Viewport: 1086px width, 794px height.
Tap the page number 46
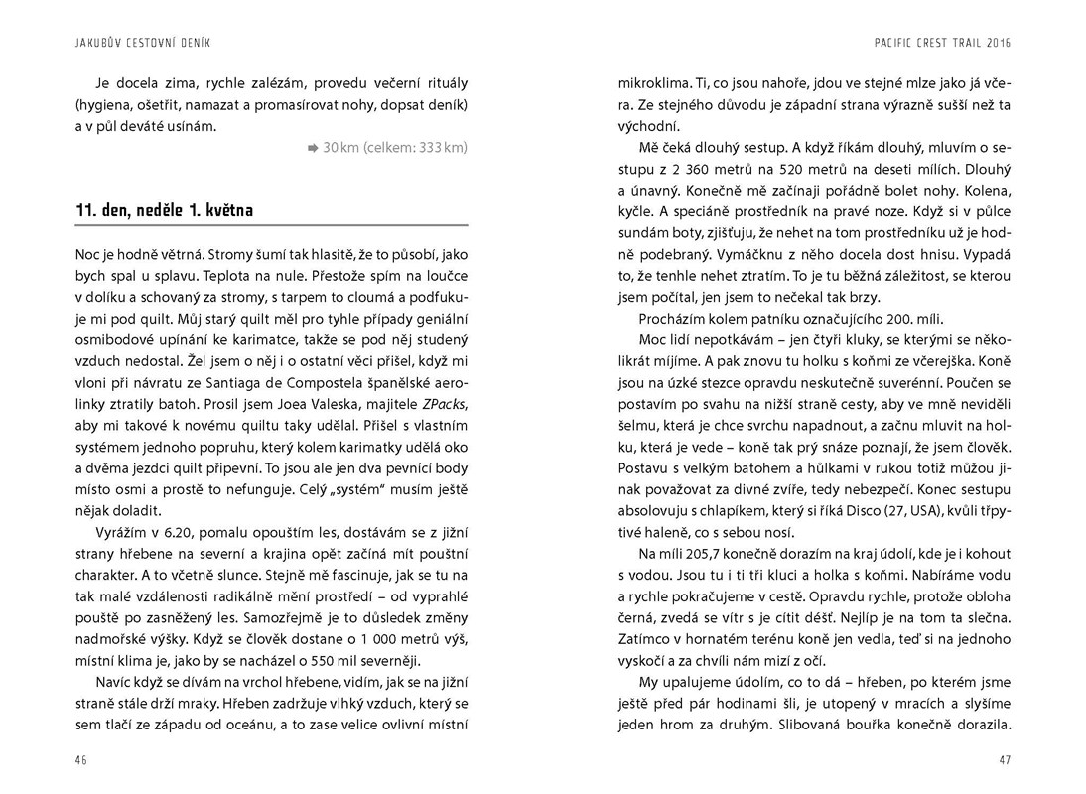pyautogui.click(x=81, y=760)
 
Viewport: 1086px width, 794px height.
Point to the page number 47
pyautogui.click(x=1004, y=760)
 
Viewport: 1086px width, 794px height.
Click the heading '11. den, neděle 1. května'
pyautogui.click(x=164, y=211)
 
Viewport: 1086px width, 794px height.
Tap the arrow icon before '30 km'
pyautogui.click(x=312, y=148)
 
